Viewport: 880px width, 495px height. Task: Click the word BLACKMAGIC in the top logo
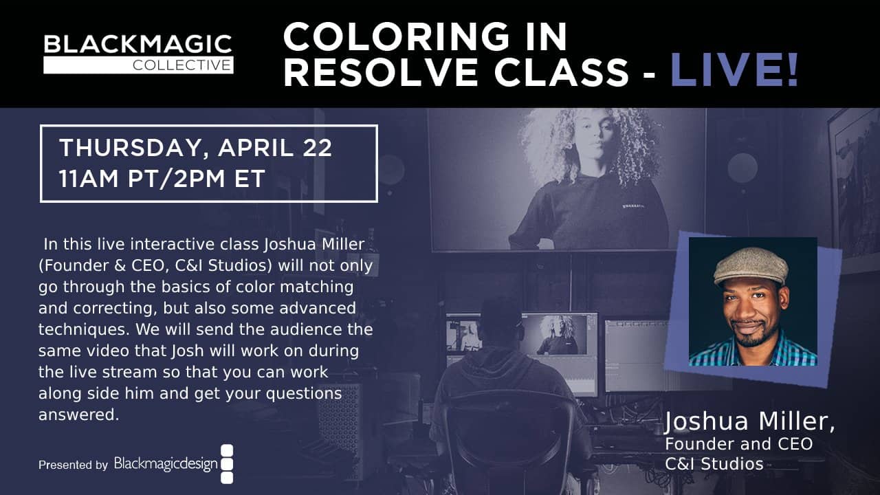point(137,45)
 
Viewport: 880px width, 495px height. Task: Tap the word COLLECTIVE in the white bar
point(181,65)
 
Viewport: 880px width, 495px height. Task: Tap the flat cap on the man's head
point(751,265)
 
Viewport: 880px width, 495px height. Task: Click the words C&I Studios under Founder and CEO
point(714,464)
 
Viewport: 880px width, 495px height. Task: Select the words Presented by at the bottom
point(73,465)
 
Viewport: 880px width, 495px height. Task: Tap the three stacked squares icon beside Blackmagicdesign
point(227,464)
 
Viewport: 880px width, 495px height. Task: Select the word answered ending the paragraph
point(79,415)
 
